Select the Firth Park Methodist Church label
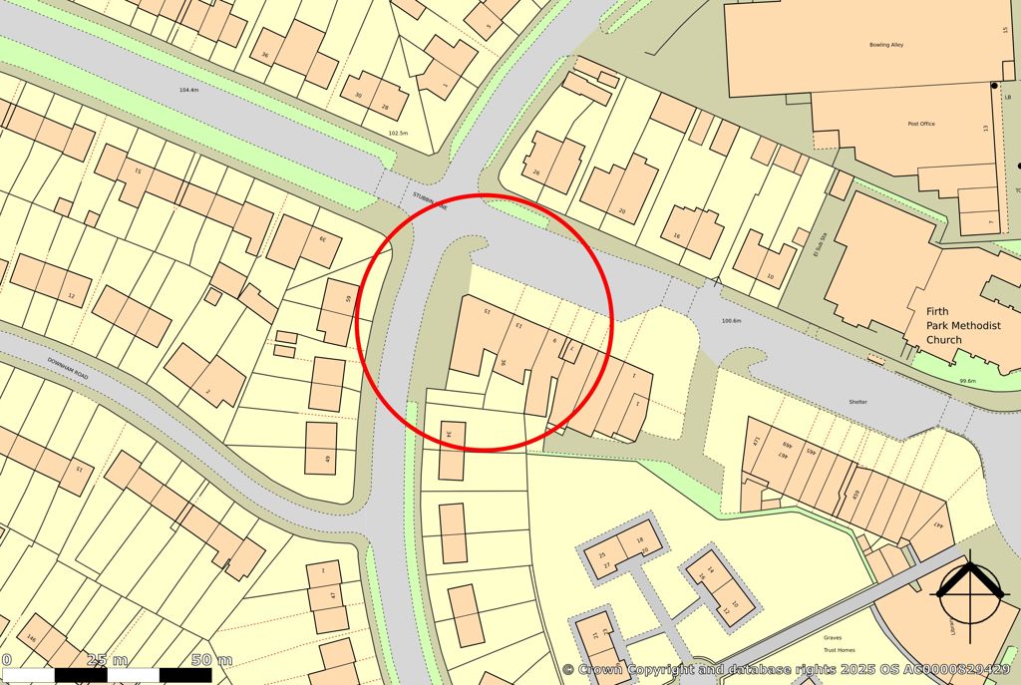[x=943, y=325]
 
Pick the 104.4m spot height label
[x=188, y=90]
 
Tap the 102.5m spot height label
[x=398, y=133]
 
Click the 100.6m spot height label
[x=731, y=321]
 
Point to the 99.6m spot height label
[x=967, y=381]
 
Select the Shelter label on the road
[x=857, y=402]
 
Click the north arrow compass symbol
[x=967, y=593]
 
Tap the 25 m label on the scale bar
[x=108, y=660]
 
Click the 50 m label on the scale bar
[x=211, y=660]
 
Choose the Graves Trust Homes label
[x=834, y=643]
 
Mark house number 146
[x=31, y=639]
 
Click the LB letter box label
[x=1007, y=97]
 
